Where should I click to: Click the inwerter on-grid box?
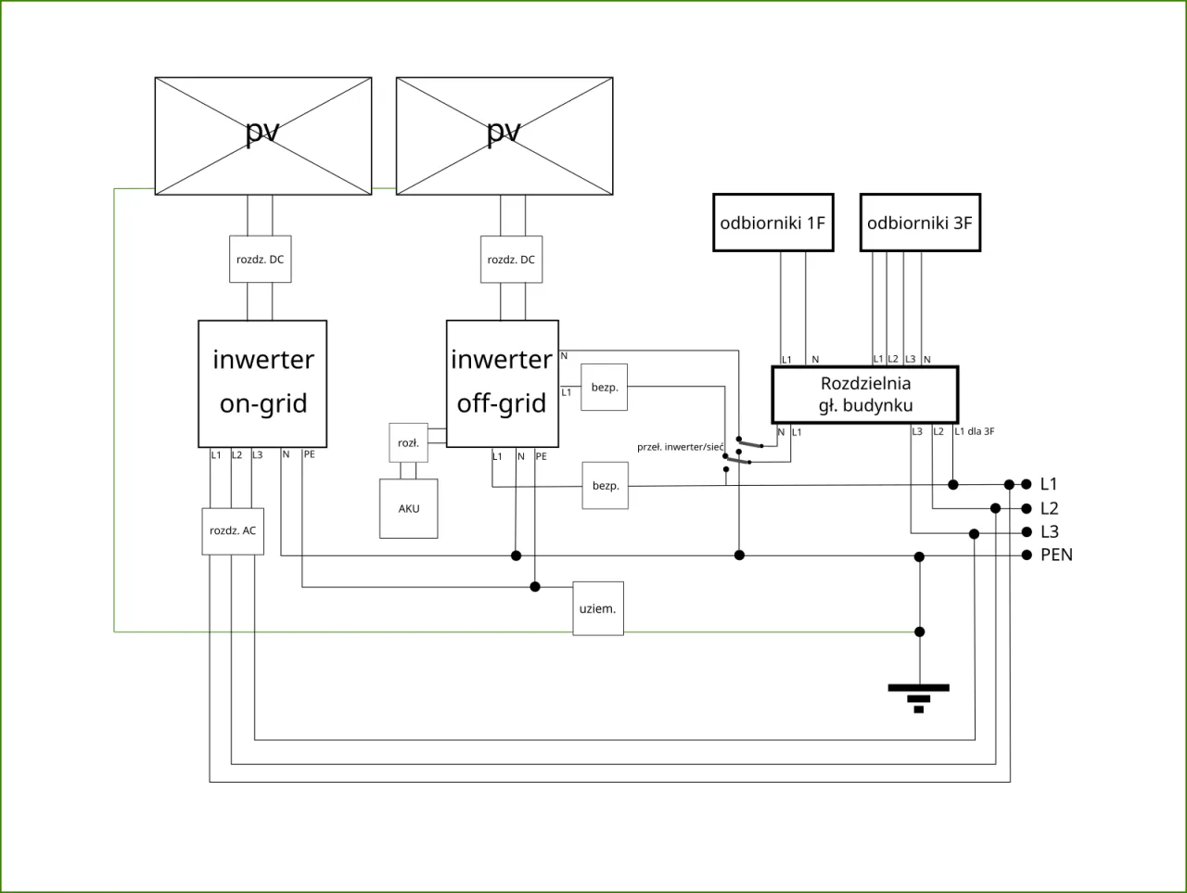(x=262, y=383)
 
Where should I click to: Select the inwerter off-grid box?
(x=502, y=383)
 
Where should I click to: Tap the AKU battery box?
(x=409, y=508)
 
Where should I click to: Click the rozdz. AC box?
(x=233, y=530)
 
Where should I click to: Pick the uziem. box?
(x=598, y=608)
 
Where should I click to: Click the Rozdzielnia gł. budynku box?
(x=865, y=394)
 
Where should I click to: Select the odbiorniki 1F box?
(x=772, y=223)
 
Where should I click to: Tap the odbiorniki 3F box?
(x=920, y=223)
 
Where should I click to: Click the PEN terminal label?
(x=1056, y=555)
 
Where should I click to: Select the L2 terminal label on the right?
(x=1049, y=508)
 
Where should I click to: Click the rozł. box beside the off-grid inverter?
(x=408, y=443)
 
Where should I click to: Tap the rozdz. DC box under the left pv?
(x=261, y=260)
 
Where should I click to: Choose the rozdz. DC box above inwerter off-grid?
(x=511, y=260)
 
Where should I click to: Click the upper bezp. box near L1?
(x=605, y=387)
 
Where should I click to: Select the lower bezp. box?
(x=606, y=486)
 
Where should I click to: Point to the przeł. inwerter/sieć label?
(x=680, y=447)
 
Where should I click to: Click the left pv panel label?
(x=262, y=132)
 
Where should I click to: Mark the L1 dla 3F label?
(x=975, y=431)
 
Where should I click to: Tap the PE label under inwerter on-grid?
(x=309, y=454)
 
